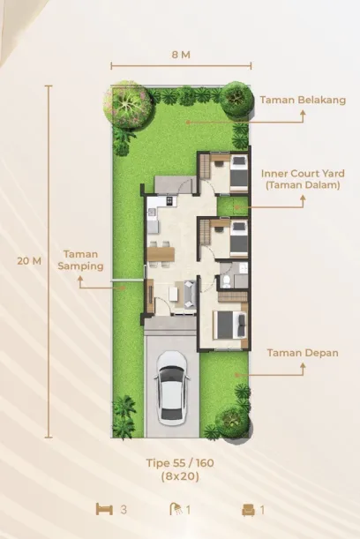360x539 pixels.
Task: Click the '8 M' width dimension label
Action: tap(181, 55)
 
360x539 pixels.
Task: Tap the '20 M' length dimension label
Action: tap(28, 261)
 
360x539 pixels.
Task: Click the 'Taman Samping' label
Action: tap(81, 259)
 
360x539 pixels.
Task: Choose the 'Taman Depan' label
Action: tap(302, 353)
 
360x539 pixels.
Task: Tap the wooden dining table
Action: tap(161, 254)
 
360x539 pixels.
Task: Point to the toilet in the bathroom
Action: tap(227, 281)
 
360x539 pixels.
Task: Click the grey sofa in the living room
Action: tap(188, 291)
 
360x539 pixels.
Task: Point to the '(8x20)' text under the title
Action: tap(181, 476)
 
